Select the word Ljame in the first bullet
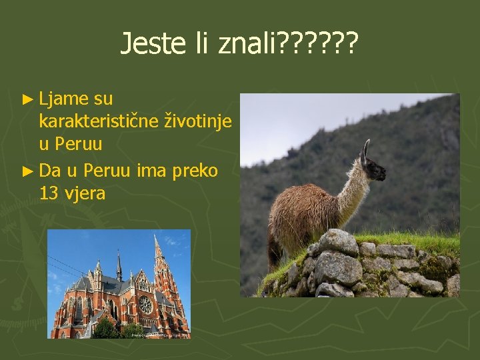pyautogui.click(x=64, y=99)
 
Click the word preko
pyautogui.click(x=195, y=171)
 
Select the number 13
pyautogui.click(x=48, y=194)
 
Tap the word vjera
pyautogui.click(x=83, y=194)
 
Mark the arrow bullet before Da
pyautogui.click(x=27, y=171)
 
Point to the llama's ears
pyautogui.click(x=365, y=148)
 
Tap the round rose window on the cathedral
pyautogui.click(x=145, y=305)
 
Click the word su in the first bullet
pyautogui.click(x=103, y=99)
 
